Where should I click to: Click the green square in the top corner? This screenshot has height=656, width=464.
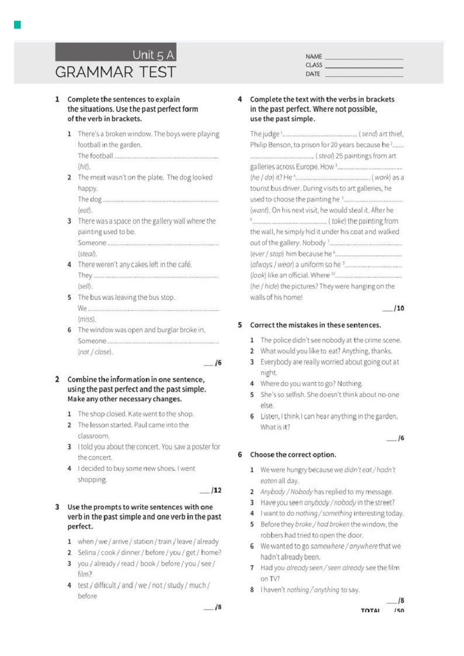point(17,25)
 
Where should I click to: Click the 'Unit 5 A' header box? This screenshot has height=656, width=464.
point(116,52)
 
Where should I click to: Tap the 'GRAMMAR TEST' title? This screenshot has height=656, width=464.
point(116,72)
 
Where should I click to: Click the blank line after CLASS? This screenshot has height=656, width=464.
point(364,67)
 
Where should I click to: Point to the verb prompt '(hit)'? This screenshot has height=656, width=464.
point(84,167)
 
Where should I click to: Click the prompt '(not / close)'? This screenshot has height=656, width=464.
point(95,352)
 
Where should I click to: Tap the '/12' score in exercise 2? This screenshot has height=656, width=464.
point(216,490)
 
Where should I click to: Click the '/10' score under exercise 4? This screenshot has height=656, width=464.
point(399,308)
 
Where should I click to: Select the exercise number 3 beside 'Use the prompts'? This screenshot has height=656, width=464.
point(57,507)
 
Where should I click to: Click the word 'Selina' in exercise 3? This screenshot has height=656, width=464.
point(87,552)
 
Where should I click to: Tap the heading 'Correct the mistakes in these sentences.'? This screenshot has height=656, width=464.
point(315,325)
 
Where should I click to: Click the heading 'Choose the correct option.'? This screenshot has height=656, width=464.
point(293,454)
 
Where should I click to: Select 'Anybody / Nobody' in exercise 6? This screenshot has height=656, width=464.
point(287,492)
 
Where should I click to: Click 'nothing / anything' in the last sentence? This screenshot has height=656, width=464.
point(313,590)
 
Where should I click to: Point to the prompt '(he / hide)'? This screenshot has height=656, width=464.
point(264,287)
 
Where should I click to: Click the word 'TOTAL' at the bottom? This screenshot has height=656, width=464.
point(370,610)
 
